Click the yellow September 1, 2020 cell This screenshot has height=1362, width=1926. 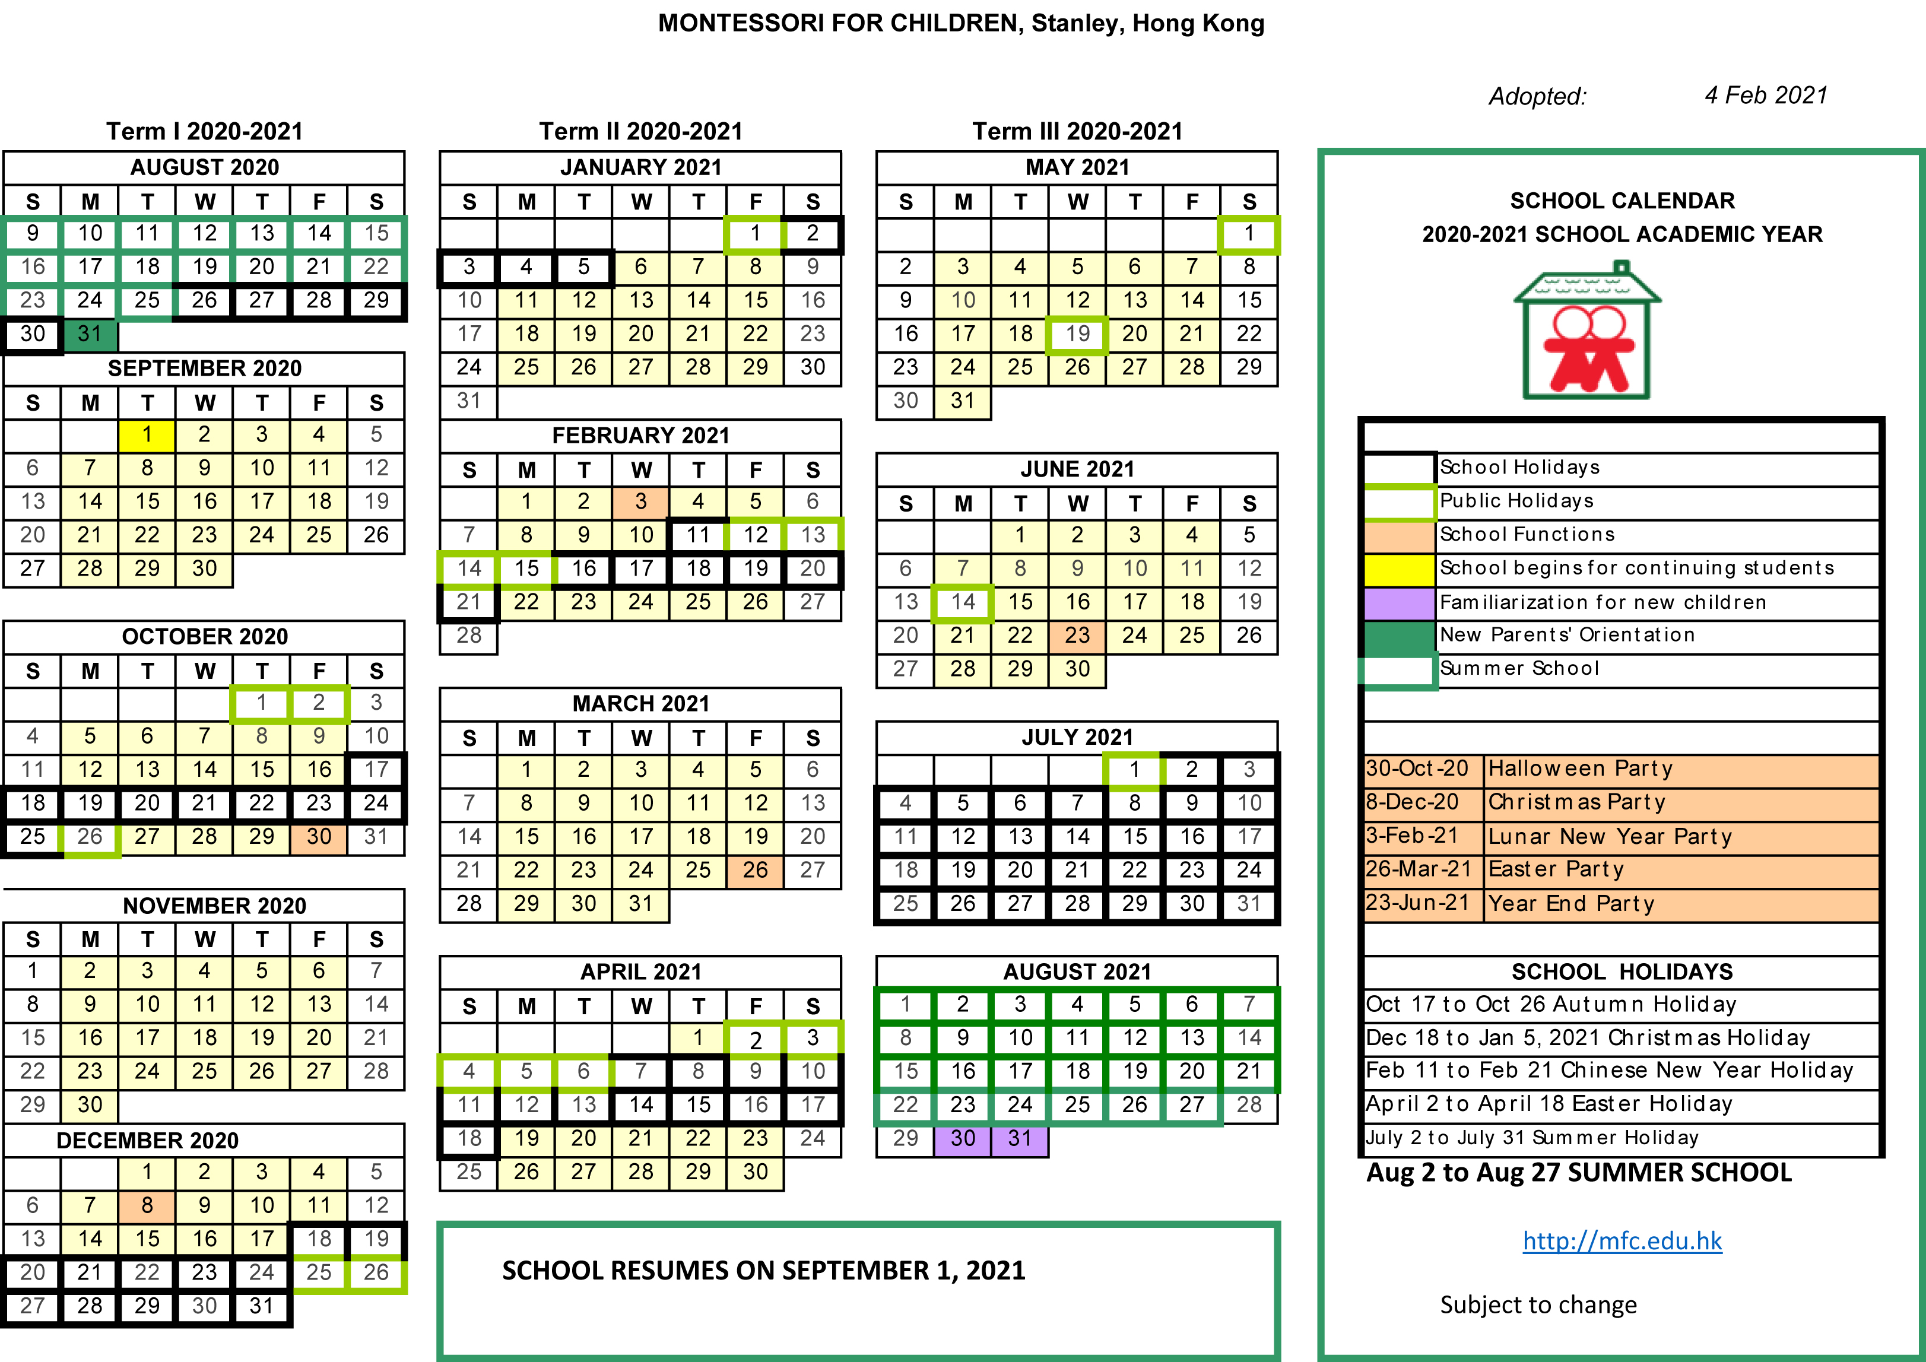pos(147,435)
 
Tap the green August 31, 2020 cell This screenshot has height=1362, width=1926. pos(90,334)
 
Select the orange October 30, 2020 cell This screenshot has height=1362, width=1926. pos(319,837)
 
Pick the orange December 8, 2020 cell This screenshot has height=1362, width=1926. pos(147,1206)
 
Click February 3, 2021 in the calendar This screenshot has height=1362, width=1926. pos(641,501)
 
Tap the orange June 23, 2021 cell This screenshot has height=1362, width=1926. pos(1077,636)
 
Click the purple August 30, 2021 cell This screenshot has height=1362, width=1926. pos(962,1139)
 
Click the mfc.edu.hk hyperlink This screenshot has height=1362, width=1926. pos(1622,1240)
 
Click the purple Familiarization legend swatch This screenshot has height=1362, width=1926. pos(1398,602)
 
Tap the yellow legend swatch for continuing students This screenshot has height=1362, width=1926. pos(1398,569)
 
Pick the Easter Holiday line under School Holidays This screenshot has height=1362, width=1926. pos(1549,1104)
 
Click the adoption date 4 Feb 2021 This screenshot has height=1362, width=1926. pos(1766,96)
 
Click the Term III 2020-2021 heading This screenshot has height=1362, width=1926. pos(1077,132)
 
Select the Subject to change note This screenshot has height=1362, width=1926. pos(1538,1305)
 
